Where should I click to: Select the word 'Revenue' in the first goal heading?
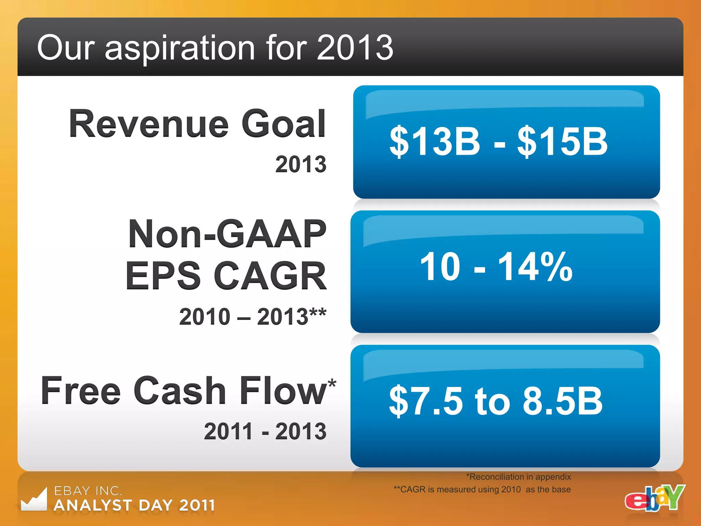tap(149, 124)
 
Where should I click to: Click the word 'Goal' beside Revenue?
tap(283, 124)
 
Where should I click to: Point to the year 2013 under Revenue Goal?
tap(301, 164)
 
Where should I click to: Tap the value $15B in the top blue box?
tap(562, 141)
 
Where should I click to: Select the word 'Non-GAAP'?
tap(227, 234)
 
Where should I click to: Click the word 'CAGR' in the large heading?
tap(270, 276)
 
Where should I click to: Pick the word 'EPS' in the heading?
tap(163, 276)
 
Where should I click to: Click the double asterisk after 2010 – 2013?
tap(318, 313)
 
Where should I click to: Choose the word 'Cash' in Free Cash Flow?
tap(180, 391)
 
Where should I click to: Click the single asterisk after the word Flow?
tap(332, 383)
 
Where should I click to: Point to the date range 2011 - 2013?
tap(265, 431)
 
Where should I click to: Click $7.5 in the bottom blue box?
tap(426, 401)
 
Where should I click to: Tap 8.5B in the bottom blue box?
tap(562, 401)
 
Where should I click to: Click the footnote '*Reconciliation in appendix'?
tap(518, 477)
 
